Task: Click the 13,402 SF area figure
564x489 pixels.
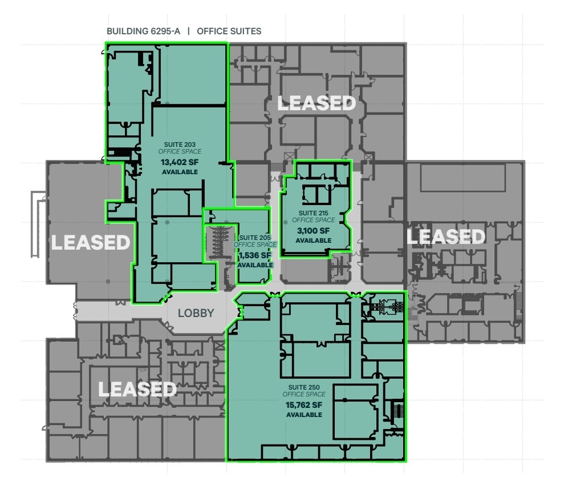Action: (180, 162)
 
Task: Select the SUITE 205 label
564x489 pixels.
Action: (255, 237)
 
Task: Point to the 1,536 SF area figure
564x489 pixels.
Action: (255, 255)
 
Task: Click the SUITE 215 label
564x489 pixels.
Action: (313, 213)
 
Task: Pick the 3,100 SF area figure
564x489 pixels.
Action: (313, 231)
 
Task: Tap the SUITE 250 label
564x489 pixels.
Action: (304, 387)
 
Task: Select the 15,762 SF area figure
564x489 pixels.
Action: (304, 405)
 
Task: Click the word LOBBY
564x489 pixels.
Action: (196, 313)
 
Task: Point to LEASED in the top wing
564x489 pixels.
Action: (317, 103)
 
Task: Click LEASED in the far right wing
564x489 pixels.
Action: (445, 236)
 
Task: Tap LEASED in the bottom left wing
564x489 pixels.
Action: (137, 389)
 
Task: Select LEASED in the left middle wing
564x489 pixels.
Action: (91, 242)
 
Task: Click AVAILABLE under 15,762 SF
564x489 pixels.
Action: (304, 415)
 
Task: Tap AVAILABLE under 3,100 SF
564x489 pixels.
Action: (313, 241)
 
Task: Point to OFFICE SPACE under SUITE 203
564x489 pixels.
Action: (180, 152)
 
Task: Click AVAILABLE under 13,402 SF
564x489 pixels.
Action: (180, 171)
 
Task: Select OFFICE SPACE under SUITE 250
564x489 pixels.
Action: (304, 394)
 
